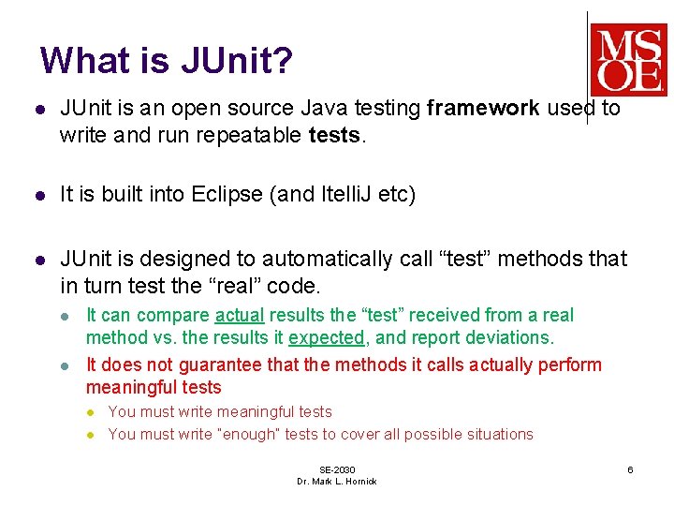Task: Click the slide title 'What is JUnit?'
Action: pyautogui.click(x=166, y=61)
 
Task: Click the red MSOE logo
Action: pyautogui.click(x=627, y=60)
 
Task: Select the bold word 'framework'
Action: pyautogui.click(x=482, y=109)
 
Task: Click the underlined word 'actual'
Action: pyautogui.click(x=238, y=316)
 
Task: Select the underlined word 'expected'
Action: pyautogui.click(x=326, y=337)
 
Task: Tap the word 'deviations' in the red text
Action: pyautogui.click(x=511, y=337)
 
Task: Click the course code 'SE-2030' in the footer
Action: pyautogui.click(x=337, y=469)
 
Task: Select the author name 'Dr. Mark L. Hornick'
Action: pyautogui.click(x=337, y=482)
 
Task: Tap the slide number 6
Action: pyautogui.click(x=630, y=469)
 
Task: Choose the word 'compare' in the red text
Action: pyautogui.click(x=178, y=316)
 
